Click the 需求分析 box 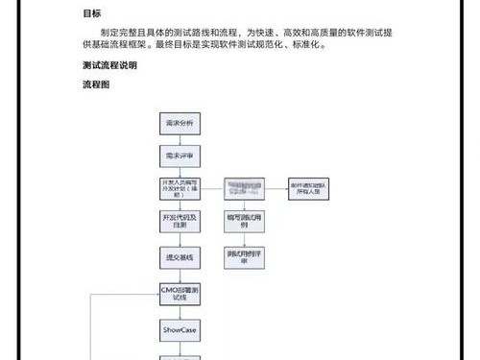pyautogui.click(x=180, y=124)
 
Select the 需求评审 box pyautogui.click(x=180, y=154)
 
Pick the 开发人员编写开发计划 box pyautogui.click(x=180, y=187)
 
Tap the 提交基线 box pyautogui.click(x=180, y=257)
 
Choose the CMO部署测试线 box pyautogui.click(x=180, y=293)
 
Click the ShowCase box pyautogui.click(x=180, y=328)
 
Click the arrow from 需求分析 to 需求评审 pyautogui.click(x=180, y=139)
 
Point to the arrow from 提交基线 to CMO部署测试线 pyautogui.click(x=180, y=275)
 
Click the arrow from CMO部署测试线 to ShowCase pyautogui.click(x=180, y=311)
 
